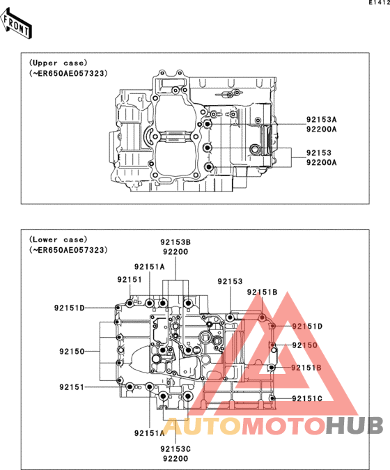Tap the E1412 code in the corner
(x=380, y=3)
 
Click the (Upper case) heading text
(x=58, y=63)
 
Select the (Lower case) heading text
(x=58, y=240)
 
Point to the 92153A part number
(x=321, y=120)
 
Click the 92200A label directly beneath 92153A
(x=321, y=130)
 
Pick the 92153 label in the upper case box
(x=319, y=153)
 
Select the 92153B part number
(x=175, y=242)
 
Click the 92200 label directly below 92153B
(x=175, y=252)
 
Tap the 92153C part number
(x=175, y=449)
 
